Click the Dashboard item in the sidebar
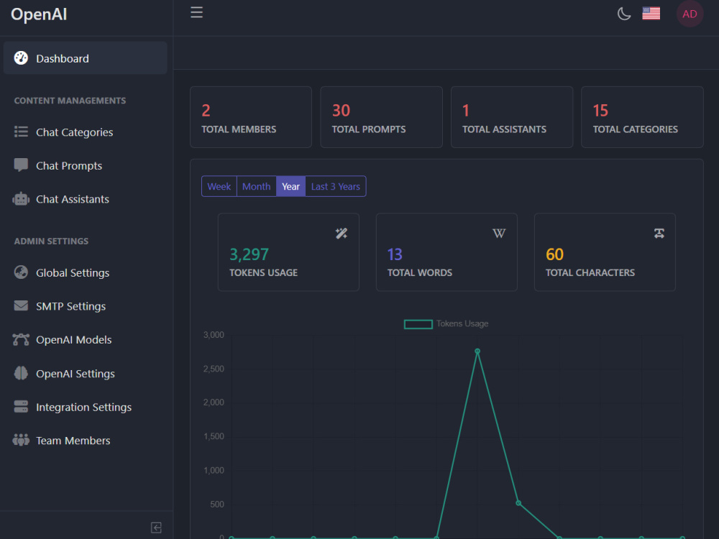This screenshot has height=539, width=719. tap(85, 58)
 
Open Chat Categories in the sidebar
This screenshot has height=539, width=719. tap(74, 132)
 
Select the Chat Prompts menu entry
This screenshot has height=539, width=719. tap(69, 165)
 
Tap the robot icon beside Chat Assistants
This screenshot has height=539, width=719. tap(21, 199)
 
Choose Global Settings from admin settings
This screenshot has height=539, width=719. tap(73, 272)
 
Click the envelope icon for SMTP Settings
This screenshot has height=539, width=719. tap(21, 305)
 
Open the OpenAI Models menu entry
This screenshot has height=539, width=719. tap(73, 340)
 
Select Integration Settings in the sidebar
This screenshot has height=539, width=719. tap(83, 407)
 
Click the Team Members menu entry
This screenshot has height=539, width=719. tap(73, 441)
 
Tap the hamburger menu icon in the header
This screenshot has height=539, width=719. tap(197, 12)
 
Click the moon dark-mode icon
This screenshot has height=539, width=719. tap(623, 14)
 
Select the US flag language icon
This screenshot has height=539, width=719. tap(651, 14)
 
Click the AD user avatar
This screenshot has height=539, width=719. tap(690, 14)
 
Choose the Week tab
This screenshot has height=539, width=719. tap(219, 187)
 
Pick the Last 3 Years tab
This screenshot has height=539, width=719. tap(336, 187)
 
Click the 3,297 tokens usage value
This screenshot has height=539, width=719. tap(249, 254)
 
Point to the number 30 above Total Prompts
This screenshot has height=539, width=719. tap(341, 111)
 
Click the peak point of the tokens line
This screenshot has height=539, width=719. tap(477, 351)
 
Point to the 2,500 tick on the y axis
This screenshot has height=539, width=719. tap(214, 369)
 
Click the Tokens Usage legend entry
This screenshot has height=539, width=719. tap(446, 324)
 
